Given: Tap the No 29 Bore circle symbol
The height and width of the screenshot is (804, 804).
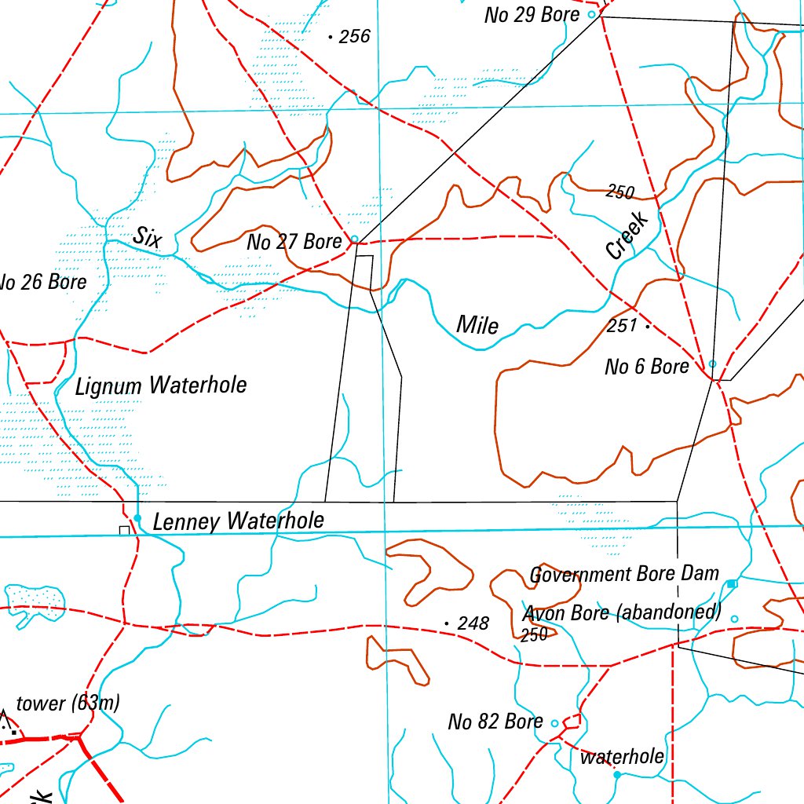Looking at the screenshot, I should coord(592,14).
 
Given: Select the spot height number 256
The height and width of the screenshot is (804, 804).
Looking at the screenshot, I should coord(354,36).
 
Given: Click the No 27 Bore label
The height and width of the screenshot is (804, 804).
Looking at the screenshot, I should coord(294,242).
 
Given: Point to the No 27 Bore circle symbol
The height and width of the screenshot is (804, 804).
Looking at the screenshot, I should coord(354,239).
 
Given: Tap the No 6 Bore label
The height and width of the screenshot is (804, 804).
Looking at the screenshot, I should coord(646,366).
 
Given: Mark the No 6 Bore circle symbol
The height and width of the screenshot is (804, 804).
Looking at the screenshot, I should coord(712,364).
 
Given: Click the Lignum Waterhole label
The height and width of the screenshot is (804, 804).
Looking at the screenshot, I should coord(161,386).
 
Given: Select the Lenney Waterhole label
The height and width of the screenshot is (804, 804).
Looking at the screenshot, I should coord(238,521).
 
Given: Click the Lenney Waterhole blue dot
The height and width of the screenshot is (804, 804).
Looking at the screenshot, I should coord(137,518).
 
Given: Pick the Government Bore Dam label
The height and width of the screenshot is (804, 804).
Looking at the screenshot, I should coord(624,574).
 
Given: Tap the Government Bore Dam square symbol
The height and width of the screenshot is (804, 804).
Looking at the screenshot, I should coord(731,583).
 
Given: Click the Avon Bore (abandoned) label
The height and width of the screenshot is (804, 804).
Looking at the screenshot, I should coord(622,612).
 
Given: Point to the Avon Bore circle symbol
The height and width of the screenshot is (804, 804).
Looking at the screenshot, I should coord(734,619).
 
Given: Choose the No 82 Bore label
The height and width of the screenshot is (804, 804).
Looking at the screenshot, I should coord(495,721).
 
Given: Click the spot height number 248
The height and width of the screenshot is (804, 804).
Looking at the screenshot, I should coord(473,623).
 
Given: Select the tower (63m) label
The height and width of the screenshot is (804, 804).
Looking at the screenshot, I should coord(68,703).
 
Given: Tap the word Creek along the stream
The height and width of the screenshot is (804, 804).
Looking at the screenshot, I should coord(627,236).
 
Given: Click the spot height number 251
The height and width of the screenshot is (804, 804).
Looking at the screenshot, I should coord(622,325).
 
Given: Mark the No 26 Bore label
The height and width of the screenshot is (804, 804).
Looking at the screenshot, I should coord(42,282).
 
